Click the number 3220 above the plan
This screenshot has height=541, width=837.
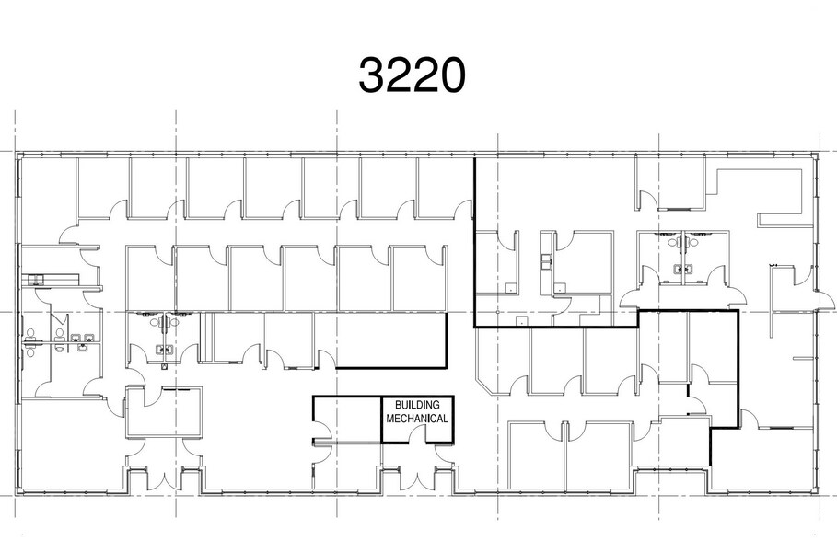click(412, 76)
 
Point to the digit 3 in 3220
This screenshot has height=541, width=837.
click(370, 76)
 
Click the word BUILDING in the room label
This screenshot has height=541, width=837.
click(416, 405)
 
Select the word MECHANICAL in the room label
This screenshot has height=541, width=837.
click(417, 419)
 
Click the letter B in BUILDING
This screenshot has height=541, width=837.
click(398, 405)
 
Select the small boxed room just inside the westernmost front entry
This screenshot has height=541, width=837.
click(163, 412)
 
